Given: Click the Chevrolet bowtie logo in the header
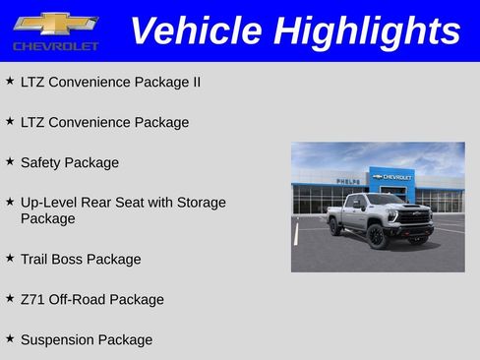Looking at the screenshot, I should pyautogui.click(x=55, y=23).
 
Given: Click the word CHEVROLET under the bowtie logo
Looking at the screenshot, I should pyautogui.click(x=56, y=46).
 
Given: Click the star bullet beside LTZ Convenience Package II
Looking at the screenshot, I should pyautogui.click(x=10, y=81).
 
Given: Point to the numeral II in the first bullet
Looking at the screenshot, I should pyautogui.click(x=195, y=82).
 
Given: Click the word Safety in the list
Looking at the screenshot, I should pyautogui.click(x=40, y=162).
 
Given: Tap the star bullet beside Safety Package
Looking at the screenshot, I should pyautogui.click(x=10, y=161).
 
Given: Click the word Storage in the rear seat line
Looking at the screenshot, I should pyautogui.click(x=200, y=202).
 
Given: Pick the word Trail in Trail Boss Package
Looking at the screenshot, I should pyautogui.click(x=36, y=259).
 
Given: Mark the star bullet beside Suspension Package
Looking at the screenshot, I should pyautogui.click(x=10, y=338).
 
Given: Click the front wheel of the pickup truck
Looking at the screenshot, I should pyautogui.click(x=376, y=236).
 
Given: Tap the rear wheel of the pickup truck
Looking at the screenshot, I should pyautogui.click(x=335, y=227).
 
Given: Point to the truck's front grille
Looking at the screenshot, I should pyautogui.click(x=414, y=217).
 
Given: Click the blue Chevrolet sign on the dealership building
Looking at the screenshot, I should pyautogui.click(x=391, y=177).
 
